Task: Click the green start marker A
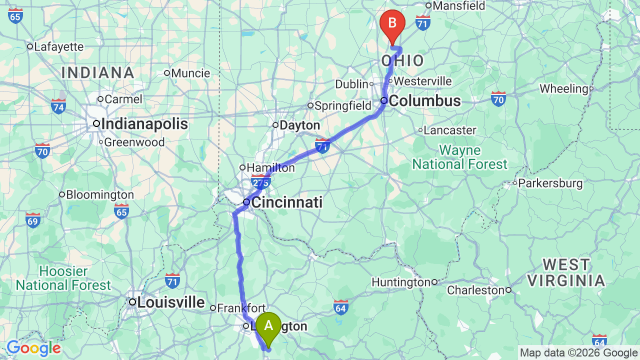tap(268, 326)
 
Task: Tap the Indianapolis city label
tap(144, 124)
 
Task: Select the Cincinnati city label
tap(286, 202)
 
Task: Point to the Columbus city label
tap(424, 101)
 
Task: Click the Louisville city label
tap(170, 302)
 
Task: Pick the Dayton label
tap(299, 125)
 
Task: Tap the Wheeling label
tap(563, 89)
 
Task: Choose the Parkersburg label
tap(550, 183)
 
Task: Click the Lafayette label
tap(58, 47)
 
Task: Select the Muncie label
tap(190, 73)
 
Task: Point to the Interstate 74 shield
tap(58, 106)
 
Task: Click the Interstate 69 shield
tap(33, 219)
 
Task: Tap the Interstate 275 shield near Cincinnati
tap(260, 182)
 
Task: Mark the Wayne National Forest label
tap(459, 157)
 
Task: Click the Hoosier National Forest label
tap(63, 278)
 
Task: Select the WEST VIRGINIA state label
tap(566, 272)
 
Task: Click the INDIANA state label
tap(98, 73)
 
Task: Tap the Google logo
tap(33, 348)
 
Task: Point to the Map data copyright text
tap(579, 353)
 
